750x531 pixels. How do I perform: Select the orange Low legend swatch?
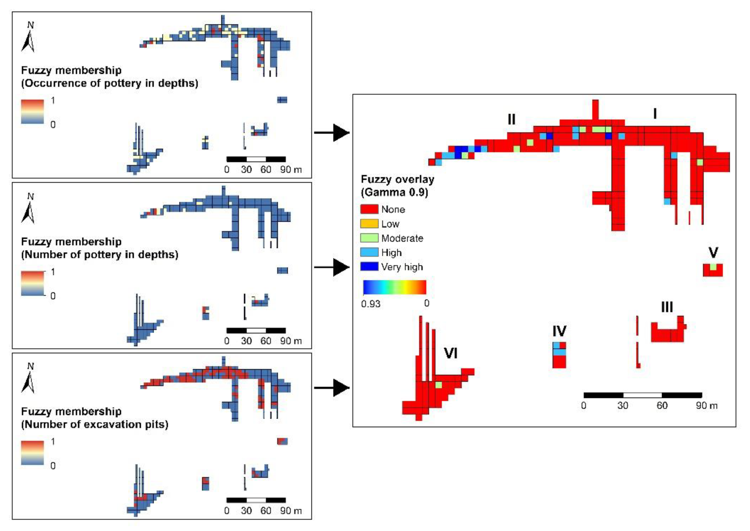coord(369,224)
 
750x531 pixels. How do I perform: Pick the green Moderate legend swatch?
coord(369,238)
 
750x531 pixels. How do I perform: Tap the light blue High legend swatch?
coord(369,252)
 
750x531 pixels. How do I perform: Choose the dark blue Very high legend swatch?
coord(369,266)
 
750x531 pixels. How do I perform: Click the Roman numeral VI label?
coord(450,353)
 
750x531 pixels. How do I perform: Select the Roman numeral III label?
coord(667,307)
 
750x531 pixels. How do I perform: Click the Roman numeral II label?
coord(512,120)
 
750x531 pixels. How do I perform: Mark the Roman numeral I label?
coord(654,114)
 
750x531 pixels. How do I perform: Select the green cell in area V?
coord(713,267)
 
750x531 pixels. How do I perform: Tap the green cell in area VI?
coord(439,385)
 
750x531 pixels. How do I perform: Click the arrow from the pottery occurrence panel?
coord(332,132)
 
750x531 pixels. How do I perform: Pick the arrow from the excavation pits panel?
coord(332,388)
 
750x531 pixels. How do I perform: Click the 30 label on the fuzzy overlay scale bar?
coord(622,406)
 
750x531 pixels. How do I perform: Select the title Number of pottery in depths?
coord(100,254)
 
